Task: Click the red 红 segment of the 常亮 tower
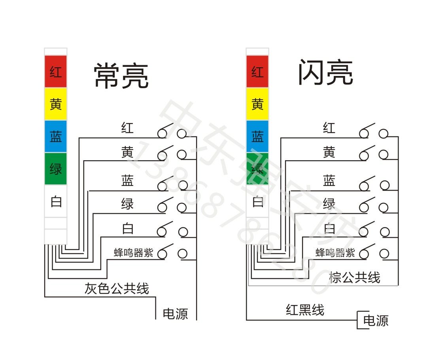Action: [x=56, y=72]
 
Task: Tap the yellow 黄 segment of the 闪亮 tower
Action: [x=257, y=104]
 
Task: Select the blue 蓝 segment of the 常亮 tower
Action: [x=56, y=136]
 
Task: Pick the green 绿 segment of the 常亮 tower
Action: [x=56, y=169]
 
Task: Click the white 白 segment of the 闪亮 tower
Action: [x=257, y=202]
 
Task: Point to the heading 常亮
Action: [x=121, y=76]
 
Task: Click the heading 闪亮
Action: [x=325, y=73]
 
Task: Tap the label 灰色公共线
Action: [x=117, y=288]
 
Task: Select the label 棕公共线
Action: [x=354, y=277]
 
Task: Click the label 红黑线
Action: [x=305, y=309]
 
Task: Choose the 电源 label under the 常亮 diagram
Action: [x=175, y=314]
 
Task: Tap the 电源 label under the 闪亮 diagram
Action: [x=376, y=320]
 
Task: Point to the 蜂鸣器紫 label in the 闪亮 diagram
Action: [x=335, y=253]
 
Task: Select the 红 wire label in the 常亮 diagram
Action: [x=127, y=128]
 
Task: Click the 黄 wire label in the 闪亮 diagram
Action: [x=329, y=152]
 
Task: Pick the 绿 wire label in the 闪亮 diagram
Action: [x=329, y=204]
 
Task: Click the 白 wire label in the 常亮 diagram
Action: [x=127, y=228]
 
